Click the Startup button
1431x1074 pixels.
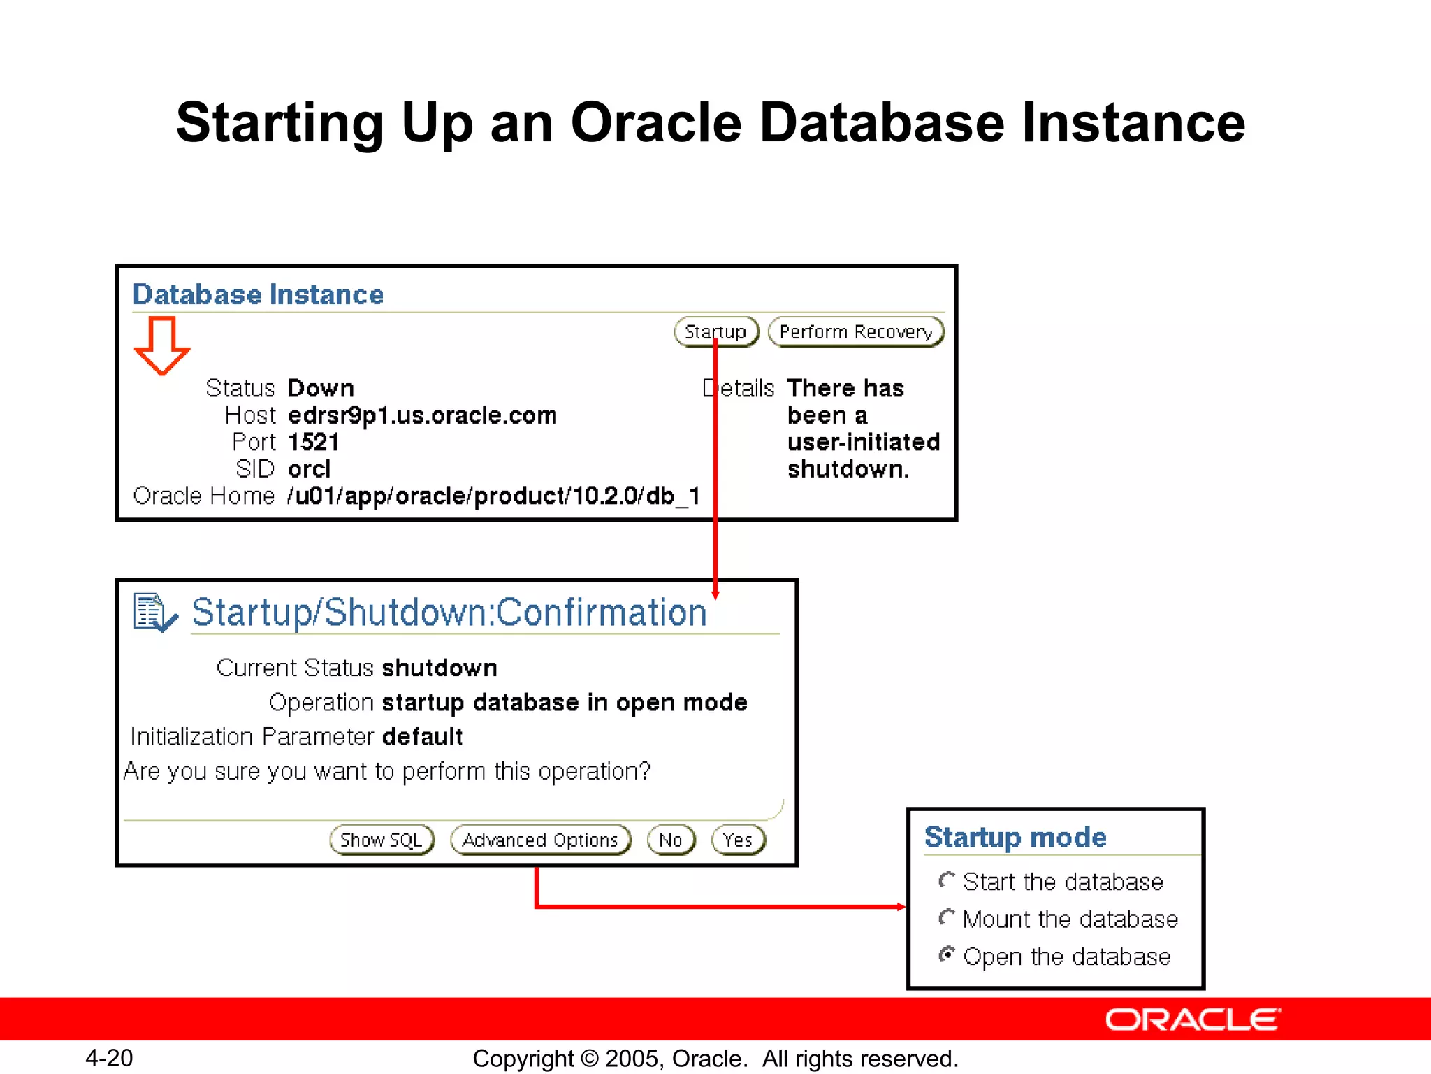715,331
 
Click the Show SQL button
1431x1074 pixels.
382,840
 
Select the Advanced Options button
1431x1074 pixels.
540,840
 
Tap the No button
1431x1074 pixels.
671,840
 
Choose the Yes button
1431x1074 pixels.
738,840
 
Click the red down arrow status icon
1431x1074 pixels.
162,345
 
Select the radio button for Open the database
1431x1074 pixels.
947,954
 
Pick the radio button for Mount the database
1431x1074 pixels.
947,917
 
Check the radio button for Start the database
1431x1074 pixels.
947,880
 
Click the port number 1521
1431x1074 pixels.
313,442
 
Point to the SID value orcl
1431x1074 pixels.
309,469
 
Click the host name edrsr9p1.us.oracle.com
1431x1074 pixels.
422,415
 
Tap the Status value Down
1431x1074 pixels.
321,388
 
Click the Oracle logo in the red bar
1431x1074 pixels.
1193,1019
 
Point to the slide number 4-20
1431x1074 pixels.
109,1058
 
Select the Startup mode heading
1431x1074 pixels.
1015,837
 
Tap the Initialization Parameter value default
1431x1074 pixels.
422,736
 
